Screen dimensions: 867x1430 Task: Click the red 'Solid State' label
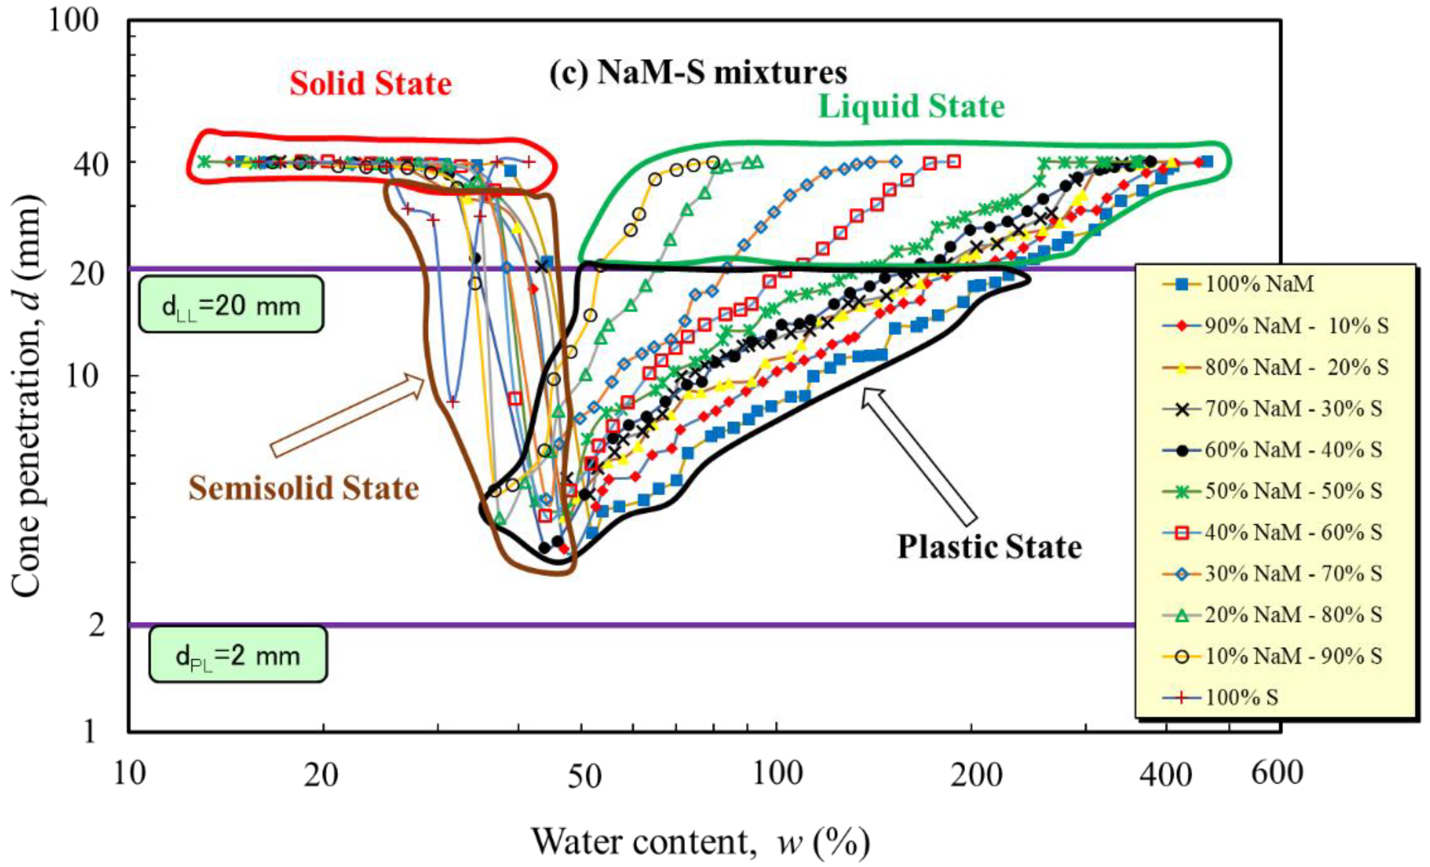[370, 84]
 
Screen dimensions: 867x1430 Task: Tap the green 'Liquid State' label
[911, 107]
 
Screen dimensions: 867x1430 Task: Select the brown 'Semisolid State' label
[304, 488]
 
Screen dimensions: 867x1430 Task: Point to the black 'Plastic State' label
[989, 547]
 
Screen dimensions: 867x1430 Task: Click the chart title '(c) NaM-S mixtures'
[698, 74]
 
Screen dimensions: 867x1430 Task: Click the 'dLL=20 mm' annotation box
[230, 305]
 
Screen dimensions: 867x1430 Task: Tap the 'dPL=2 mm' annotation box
[237, 655]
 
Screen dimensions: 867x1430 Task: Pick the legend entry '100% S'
[1242, 697]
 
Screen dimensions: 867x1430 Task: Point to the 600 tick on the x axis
[1277, 774]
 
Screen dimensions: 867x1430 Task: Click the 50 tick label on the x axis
[584, 776]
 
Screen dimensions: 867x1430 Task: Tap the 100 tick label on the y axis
[74, 21]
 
